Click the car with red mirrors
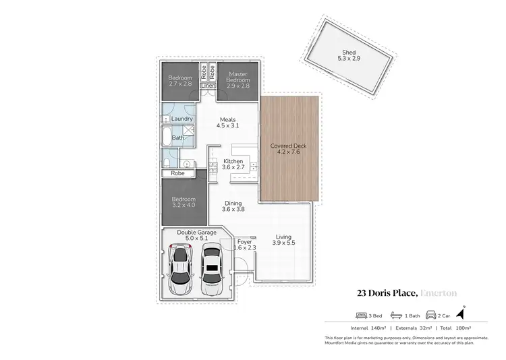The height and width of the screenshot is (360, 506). click(179, 270)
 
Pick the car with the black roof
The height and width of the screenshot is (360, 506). click(212, 270)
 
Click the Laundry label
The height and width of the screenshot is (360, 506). click(182, 119)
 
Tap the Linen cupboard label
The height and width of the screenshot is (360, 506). click(207, 86)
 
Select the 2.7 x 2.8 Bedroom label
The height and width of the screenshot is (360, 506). click(180, 82)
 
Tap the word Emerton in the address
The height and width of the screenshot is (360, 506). click(439, 293)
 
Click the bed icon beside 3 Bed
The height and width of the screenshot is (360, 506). click(359, 315)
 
